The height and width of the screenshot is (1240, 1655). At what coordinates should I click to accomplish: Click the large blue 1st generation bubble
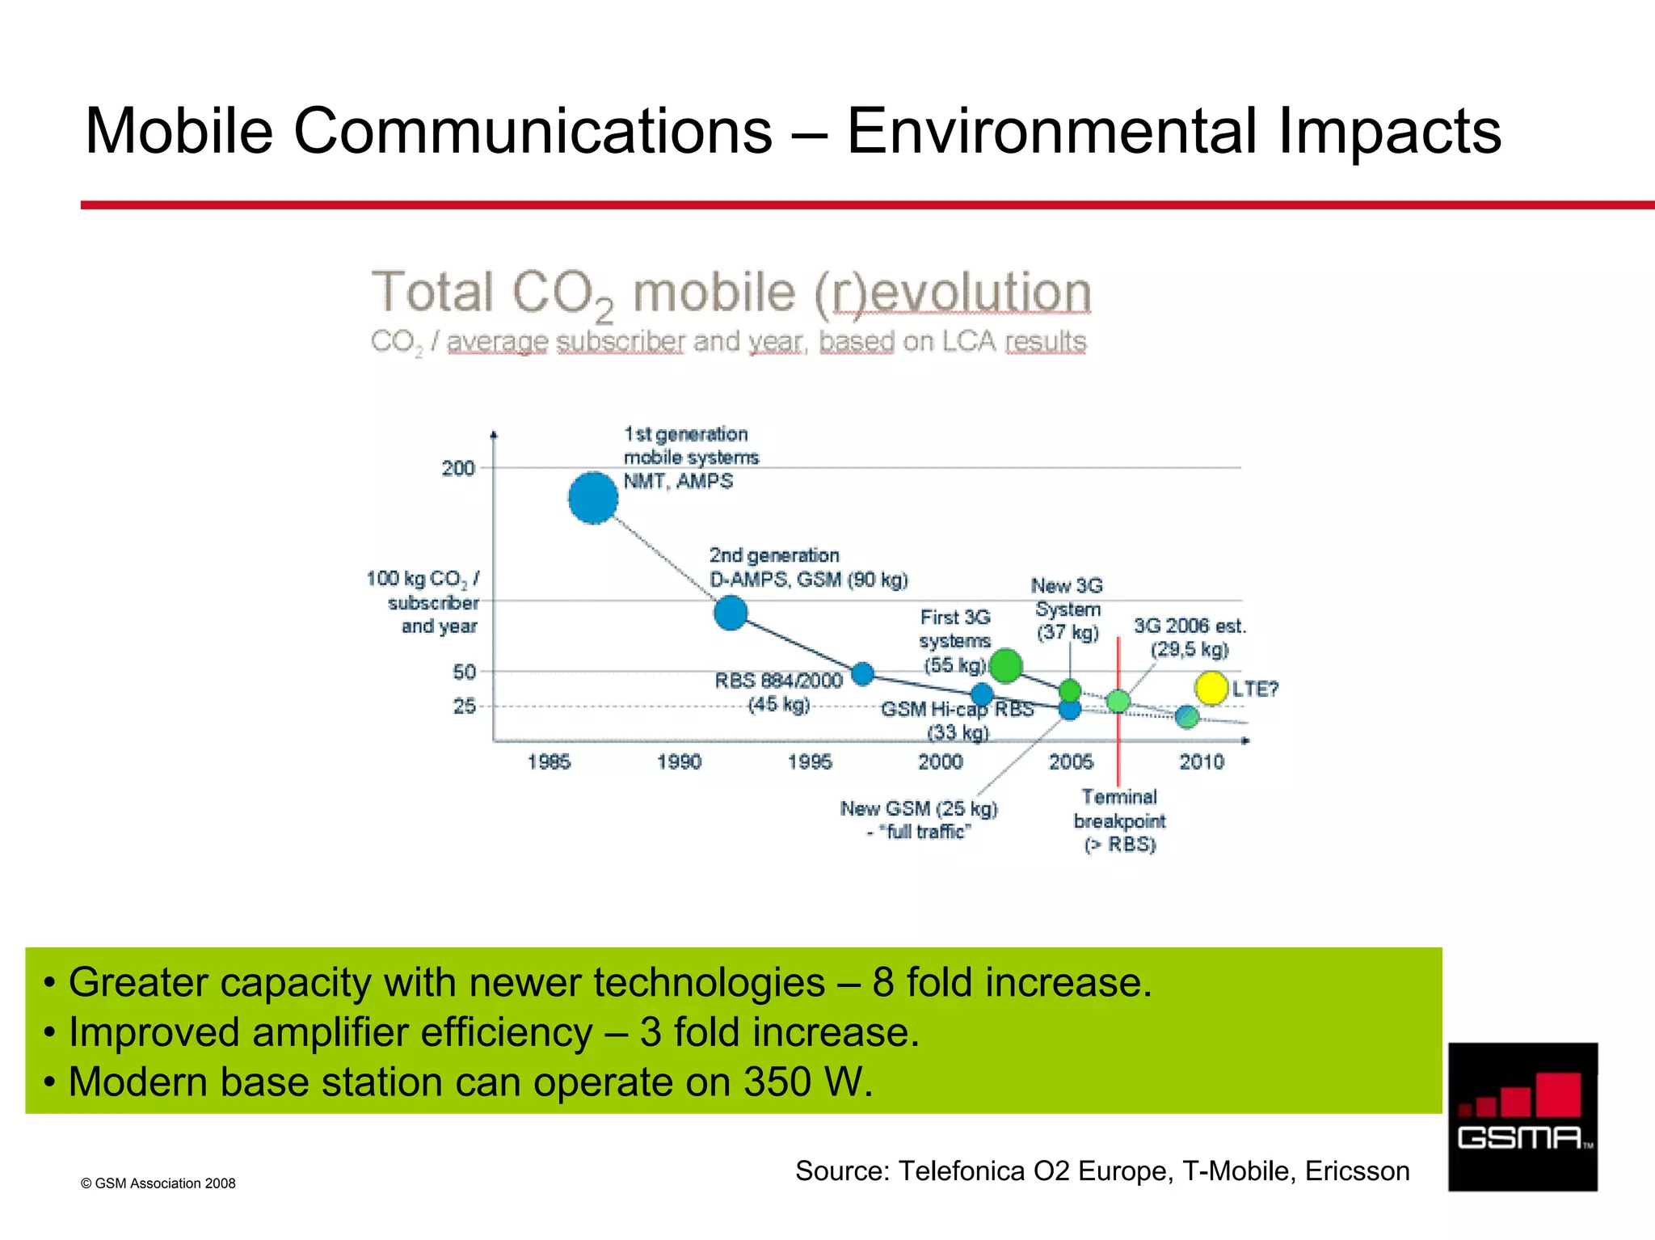[x=593, y=498]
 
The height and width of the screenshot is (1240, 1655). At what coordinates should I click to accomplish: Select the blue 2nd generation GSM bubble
[x=731, y=613]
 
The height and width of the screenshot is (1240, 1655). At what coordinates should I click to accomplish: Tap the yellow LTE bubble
[x=1211, y=688]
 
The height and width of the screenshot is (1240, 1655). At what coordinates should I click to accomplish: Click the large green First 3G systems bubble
[x=1005, y=666]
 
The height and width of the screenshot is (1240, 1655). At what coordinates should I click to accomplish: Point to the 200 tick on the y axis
[x=458, y=468]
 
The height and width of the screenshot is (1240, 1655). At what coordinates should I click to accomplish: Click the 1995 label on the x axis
[x=810, y=761]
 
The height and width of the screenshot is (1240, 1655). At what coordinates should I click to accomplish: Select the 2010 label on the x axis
[x=1202, y=761]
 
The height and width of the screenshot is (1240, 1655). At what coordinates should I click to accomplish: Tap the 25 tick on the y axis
[x=465, y=706]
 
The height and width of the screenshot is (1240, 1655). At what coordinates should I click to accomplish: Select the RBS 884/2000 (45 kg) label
[x=778, y=692]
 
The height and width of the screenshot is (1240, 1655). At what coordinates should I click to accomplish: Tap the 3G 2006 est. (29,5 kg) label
[x=1190, y=637]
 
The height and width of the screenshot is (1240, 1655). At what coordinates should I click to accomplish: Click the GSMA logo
[x=1522, y=1116]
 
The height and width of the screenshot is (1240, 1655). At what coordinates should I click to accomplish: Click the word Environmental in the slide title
[x=1051, y=131]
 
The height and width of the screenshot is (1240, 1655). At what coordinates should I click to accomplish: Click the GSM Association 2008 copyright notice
[x=158, y=1183]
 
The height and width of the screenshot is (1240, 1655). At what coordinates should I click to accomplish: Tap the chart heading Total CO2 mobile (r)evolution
[x=731, y=293]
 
